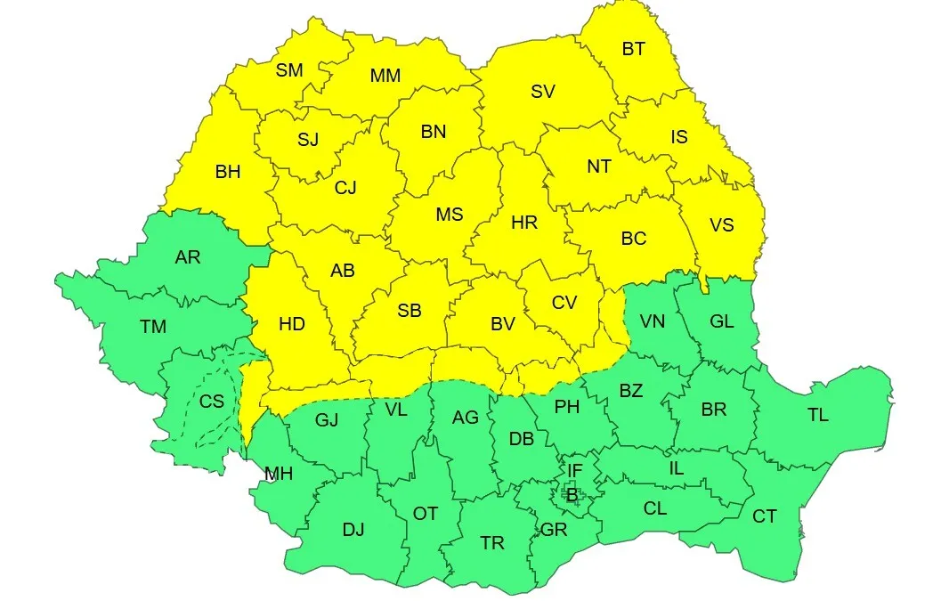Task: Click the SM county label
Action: tap(289, 70)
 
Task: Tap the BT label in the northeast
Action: tap(633, 49)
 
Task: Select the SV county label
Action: tap(542, 91)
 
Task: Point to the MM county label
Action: tap(385, 76)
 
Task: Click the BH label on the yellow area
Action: tap(228, 172)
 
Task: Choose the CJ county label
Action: tap(345, 188)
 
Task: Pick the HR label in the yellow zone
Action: tap(524, 223)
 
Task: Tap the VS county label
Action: tap(722, 224)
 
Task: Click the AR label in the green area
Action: tap(188, 257)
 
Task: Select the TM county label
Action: tap(153, 327)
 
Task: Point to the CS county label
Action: tap(212, 402)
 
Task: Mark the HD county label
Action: tap(292, 324)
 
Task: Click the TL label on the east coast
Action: tap(817, 415)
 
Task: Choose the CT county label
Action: tap(764, 516)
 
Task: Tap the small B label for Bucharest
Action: tap(572, 494)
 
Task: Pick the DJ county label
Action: tap(353, 530)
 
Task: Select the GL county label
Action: tap(722, 321)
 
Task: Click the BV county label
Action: tap(503, 324)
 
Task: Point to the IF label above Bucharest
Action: tap(574, 469)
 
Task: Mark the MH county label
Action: tap(279, 475)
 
